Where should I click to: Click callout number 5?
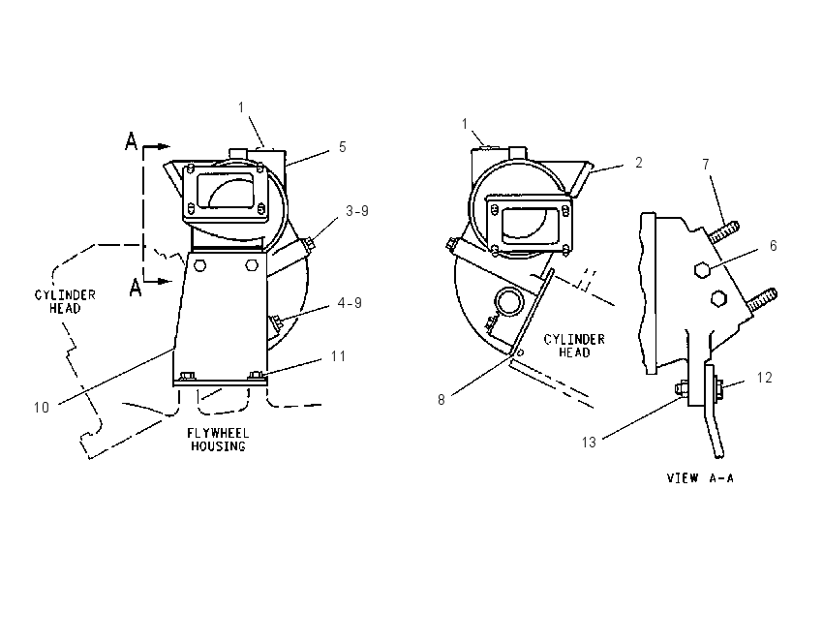click(342, 147)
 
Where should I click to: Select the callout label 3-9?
click(357, 211)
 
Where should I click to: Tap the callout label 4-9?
click(350, 303)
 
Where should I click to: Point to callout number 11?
click(338, 356)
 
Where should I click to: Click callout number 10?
click(42, 408)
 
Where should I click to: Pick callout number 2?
click(639, 163)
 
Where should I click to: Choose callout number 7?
click(706, 165)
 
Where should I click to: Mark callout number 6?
click(774, 246)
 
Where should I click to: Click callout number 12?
click(765, 378)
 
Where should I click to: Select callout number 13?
click(589, 443)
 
